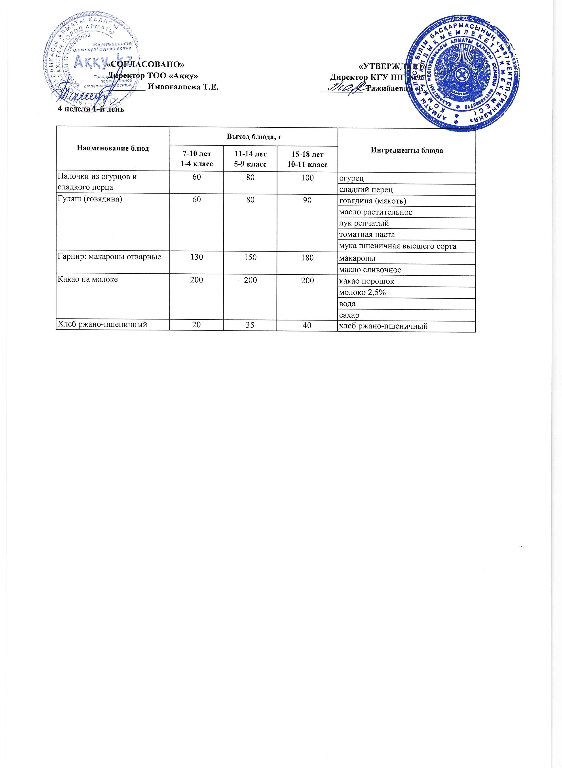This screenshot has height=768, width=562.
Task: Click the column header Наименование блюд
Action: point(113,148)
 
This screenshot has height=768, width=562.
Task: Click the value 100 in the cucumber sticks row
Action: point(307,177)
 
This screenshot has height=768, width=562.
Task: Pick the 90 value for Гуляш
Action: point(307,200)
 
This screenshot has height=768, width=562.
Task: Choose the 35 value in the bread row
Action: point(250,325)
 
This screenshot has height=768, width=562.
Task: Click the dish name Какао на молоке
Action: point(88,280)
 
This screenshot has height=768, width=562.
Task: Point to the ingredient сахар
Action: point(349,315)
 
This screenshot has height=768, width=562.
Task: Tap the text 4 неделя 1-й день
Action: point(91,109)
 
